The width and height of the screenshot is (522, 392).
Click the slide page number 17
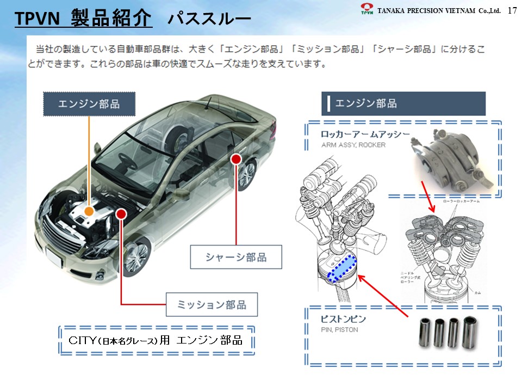pos(512,10)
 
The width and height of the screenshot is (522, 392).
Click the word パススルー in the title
pos(209,20)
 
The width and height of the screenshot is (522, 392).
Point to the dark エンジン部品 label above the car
pos(89,104)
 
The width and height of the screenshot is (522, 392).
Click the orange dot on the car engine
pos(89,210)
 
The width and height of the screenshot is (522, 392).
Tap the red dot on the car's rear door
pos(235,159)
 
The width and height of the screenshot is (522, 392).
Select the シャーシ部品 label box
pos(236,257)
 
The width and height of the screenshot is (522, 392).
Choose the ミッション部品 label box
pos(212,304)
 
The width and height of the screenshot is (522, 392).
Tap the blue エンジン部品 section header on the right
pos(403,103)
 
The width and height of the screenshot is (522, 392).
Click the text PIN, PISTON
pos(340,330)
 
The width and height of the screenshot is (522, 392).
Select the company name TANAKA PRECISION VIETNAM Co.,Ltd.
pos(438,10)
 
